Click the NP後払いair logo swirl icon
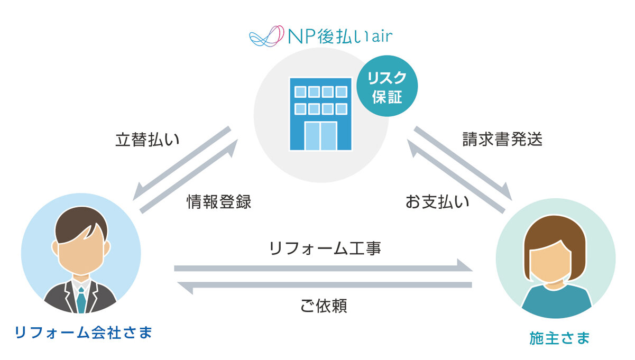tap(264, 36)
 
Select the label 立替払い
tap(148, 140)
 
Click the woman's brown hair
tap(555, 233)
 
